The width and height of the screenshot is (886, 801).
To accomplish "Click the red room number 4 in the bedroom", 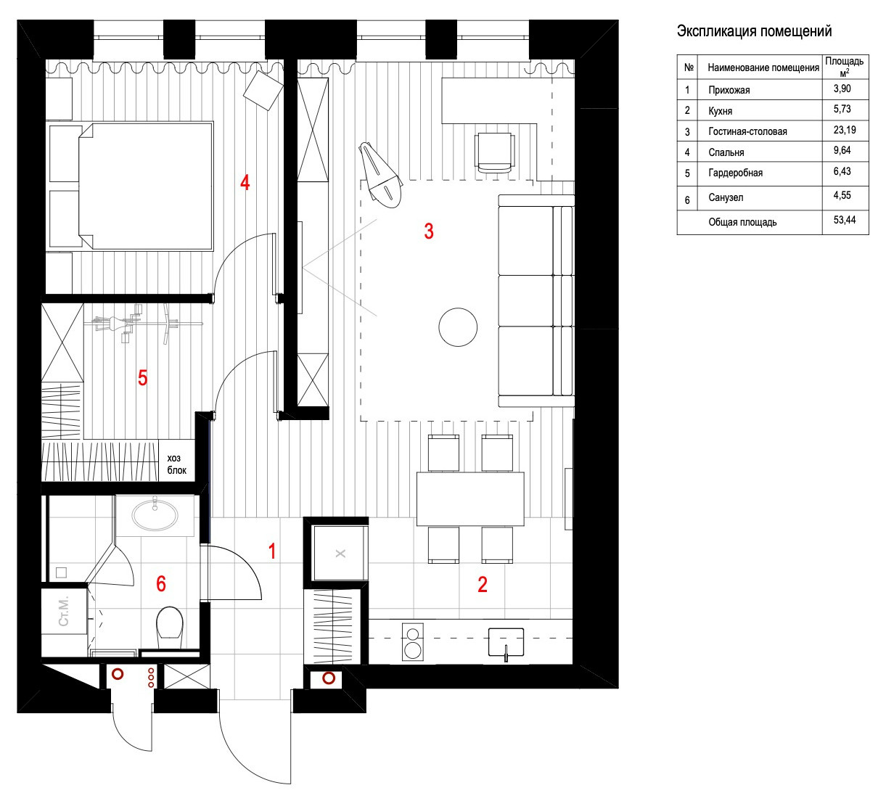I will [x=245, y=182].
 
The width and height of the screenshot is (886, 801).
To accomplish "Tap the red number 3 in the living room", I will [x=429, y=231].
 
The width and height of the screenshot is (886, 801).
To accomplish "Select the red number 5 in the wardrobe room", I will [x=143, y=378].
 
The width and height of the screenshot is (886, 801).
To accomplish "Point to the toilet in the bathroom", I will [x=170, y=623].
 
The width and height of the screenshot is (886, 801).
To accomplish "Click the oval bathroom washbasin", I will [x=155, y=515].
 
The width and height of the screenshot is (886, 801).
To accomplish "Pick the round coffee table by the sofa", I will [x=458, y=327].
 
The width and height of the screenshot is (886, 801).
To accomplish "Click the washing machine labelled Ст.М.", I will [x=64, y=612].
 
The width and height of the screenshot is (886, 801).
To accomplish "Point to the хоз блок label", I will [x=177, y=464].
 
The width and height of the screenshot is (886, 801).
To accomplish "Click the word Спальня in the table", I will [x=726, y=152].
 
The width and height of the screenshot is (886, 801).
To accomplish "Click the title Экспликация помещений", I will [x=754, y=31].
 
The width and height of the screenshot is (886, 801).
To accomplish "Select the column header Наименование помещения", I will [x=763, y=67].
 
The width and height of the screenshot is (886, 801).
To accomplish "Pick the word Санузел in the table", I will [x=726, y=197].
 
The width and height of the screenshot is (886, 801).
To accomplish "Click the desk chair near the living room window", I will [x=496, y=152].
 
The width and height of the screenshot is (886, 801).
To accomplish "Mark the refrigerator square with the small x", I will [x=340, y=553].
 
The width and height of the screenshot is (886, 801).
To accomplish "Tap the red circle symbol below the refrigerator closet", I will [x=329, y=678].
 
